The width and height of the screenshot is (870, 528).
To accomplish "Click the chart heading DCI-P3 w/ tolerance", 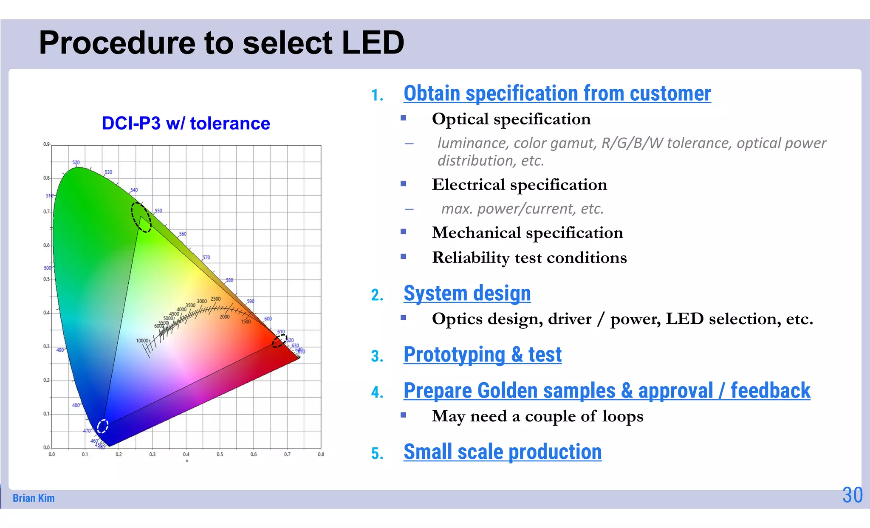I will (186, 124).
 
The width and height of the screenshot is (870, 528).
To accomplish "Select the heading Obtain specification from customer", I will (557, 93).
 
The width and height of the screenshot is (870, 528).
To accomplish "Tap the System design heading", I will (467, 294).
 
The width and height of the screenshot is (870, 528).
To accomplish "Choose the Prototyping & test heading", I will (482, 355).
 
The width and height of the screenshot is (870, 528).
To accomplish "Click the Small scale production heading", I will (502, 452).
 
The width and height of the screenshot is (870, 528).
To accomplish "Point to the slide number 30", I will (852, 495).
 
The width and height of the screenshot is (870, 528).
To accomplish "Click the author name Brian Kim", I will (34, 498).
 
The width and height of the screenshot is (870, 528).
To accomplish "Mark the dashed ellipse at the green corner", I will (141, 217).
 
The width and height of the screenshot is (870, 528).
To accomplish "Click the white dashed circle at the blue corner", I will (103, 426).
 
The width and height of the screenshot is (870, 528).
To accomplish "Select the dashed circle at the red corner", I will (279, 341).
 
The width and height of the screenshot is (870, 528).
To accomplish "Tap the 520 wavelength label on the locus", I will (76, 163).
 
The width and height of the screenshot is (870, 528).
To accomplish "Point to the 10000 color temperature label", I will (142, 341).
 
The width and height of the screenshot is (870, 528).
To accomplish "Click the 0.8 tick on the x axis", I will (321, 455).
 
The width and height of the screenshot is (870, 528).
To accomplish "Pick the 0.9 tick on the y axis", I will (46, 144).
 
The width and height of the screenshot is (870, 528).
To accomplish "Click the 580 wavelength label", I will (229, 280).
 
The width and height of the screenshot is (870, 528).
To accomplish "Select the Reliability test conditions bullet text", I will (529, 258).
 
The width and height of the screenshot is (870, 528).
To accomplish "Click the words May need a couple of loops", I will (537, 416).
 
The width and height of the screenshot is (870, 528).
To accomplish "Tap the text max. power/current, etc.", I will (522, 209).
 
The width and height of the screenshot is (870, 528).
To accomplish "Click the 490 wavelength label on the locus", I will (60, 350).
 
